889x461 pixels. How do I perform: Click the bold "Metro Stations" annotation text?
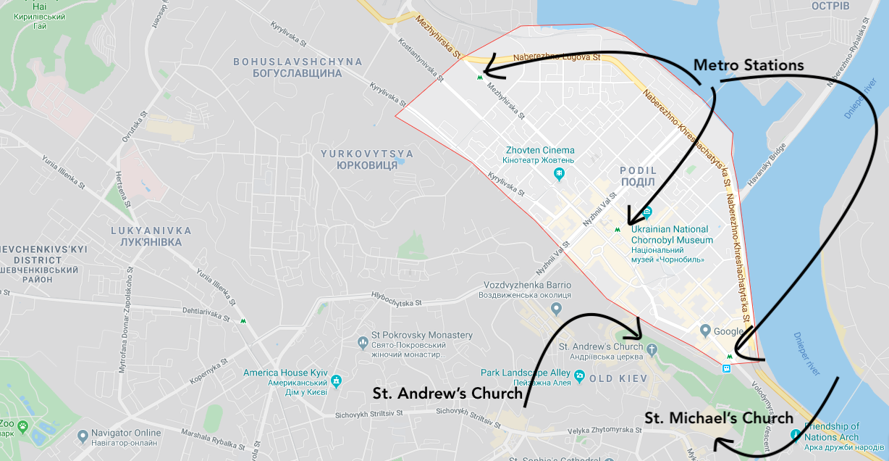[749, 65]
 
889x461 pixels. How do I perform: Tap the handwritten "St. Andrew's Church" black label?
[447, 394]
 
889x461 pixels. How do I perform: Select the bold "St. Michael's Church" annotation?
[719, 418]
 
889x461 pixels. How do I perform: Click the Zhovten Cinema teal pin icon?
[559, 174]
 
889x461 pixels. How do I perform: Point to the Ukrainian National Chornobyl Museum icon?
[647, 213]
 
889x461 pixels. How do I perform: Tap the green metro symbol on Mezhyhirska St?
[480, 76]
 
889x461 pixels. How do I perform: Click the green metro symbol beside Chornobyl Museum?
[617, 230]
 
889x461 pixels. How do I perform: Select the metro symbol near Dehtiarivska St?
[243, 320]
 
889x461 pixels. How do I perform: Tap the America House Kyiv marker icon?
[336, 381]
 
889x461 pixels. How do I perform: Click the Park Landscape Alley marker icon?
[580, 376]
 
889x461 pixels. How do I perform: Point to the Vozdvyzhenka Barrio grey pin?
[556, 310]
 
